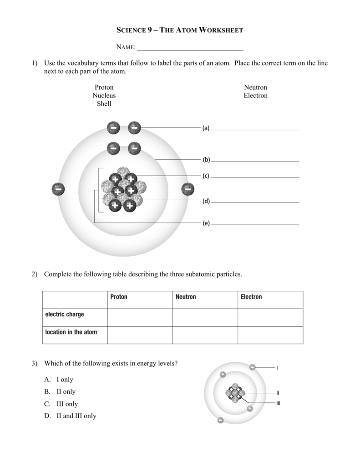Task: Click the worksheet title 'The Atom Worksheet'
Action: pos(180,30)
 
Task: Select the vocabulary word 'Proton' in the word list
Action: pos(104,87)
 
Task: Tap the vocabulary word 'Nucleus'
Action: pos(104,96)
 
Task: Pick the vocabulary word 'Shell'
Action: pos(104,104)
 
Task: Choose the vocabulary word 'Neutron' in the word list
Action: pos(255,87)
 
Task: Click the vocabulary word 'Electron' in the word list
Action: pos(255,96)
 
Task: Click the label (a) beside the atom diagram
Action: pos(206,128)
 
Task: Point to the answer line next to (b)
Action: pos(255,161)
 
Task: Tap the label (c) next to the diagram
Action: pos(206,176)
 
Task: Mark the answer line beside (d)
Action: pos(255,202)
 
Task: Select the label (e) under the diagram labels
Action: pos(206,223)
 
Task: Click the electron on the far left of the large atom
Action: pos(58,189)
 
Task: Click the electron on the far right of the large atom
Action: pos(188,189)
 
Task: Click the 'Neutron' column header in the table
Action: pos(186,297)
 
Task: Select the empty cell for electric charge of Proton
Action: pos(140,317)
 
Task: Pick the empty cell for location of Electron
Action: pos(270,335)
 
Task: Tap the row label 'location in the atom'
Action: pos(71,332)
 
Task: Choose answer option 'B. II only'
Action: pos(60,391)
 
